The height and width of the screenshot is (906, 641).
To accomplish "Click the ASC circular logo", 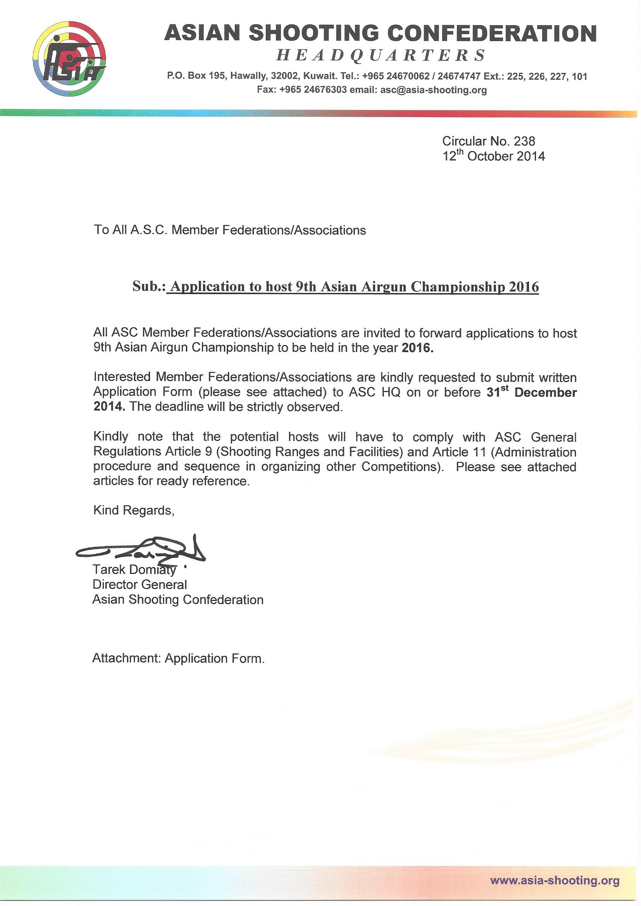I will coord(70,60).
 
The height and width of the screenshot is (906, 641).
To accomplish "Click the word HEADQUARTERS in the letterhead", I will coord(381,55).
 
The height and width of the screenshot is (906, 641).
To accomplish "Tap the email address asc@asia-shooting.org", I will coord(433,90).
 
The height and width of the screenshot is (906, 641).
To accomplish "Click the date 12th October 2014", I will coord(493,156).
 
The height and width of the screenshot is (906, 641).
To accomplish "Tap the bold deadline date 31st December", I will coord(532,393).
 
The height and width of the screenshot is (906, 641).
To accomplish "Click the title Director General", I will coord(140,584).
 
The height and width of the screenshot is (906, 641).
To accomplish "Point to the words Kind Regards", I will coord(133,510).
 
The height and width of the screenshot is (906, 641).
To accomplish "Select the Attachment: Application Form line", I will coord(178,659).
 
